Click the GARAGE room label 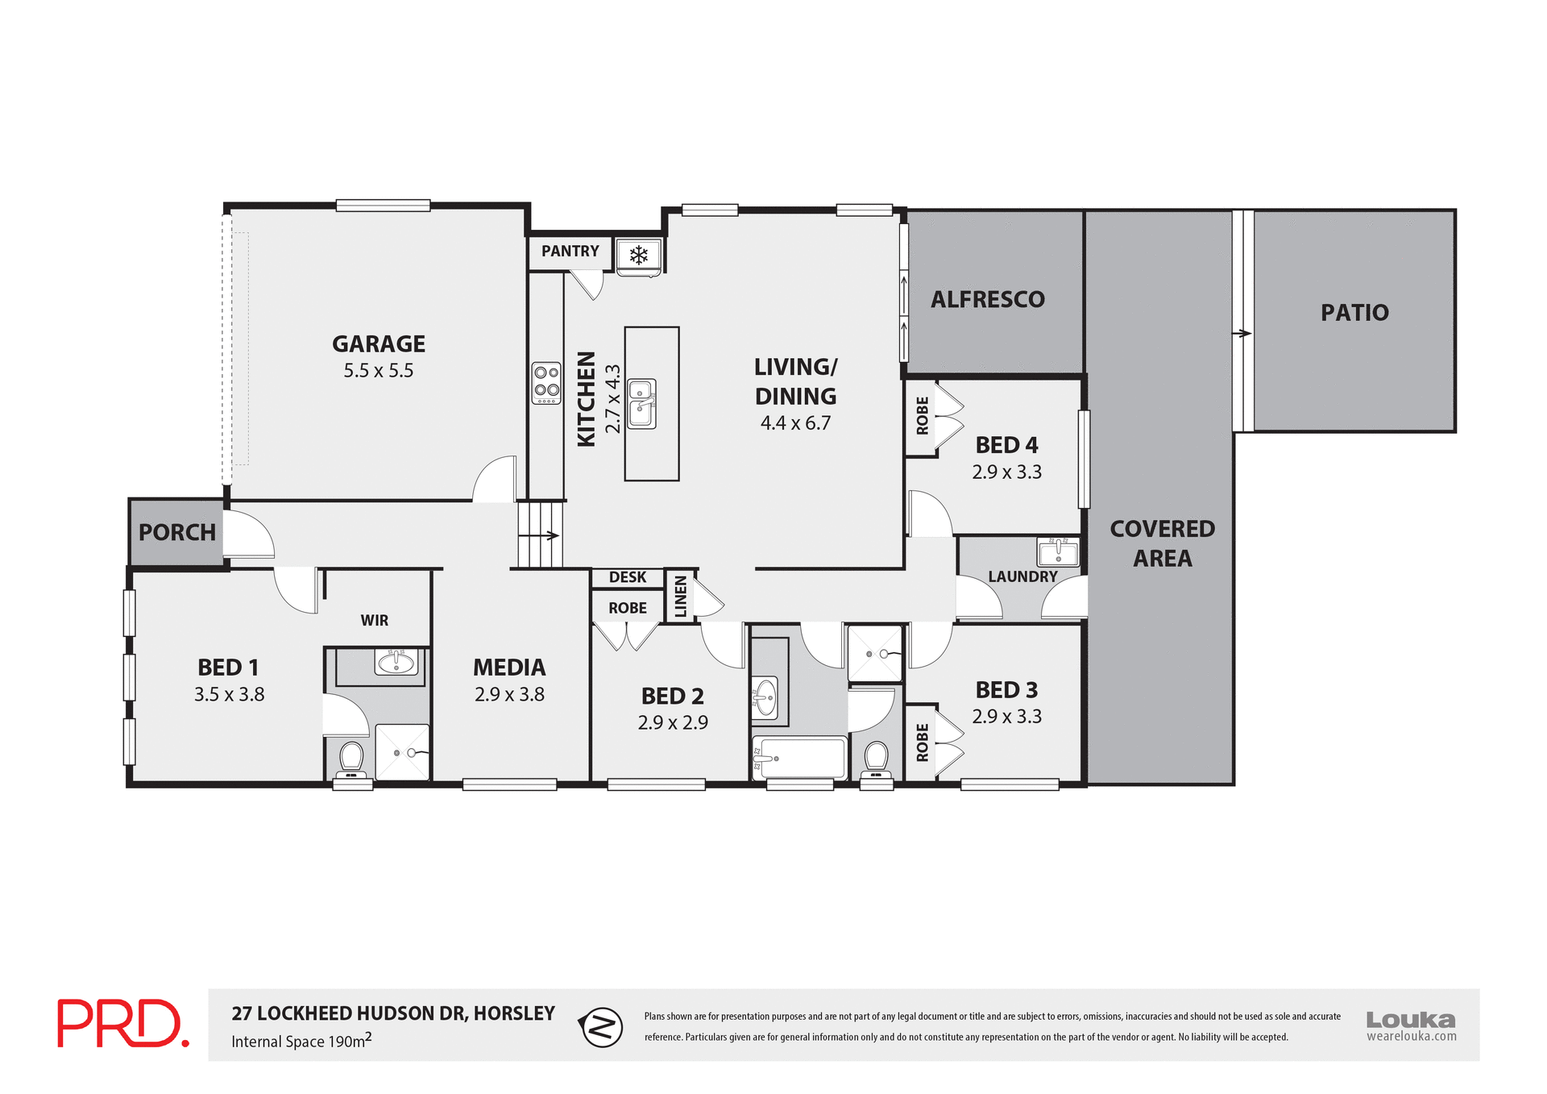coord(378,344)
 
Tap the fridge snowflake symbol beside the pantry coord(639,256)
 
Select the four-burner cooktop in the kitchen coord(546,383)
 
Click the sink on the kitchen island coord(642,403)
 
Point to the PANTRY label coord(570,252)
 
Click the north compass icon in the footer coord(601,1027)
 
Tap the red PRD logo coord(122,1024)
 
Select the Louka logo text coord(1410,1020)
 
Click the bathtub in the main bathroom coord(799,758)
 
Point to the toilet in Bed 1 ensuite coord(351,758)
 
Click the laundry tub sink coord(1058,553)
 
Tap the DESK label coord(627,577)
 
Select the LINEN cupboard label coord(681,597)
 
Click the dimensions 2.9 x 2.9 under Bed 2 coord(673,723)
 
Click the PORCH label coord(176,533)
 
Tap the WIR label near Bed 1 coord(374,621)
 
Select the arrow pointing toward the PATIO coord(1242,333)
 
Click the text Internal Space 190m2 coord(301,1041)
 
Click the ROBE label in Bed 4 coord(922,416)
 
